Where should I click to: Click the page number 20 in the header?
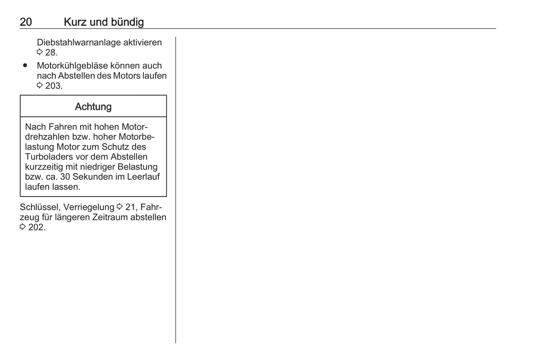26,22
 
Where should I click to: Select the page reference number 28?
51,53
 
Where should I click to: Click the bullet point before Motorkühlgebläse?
25,65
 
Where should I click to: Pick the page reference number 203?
53,86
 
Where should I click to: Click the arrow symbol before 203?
40,85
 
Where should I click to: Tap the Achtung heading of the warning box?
93,107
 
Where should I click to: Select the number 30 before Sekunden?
65,177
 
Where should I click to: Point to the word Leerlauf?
143,177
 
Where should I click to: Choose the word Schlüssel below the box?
40,207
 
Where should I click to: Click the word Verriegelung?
89,207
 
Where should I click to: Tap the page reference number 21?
130,207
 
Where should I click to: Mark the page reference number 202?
36,227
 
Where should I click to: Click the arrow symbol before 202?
23,227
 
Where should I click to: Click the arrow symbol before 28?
40,52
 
